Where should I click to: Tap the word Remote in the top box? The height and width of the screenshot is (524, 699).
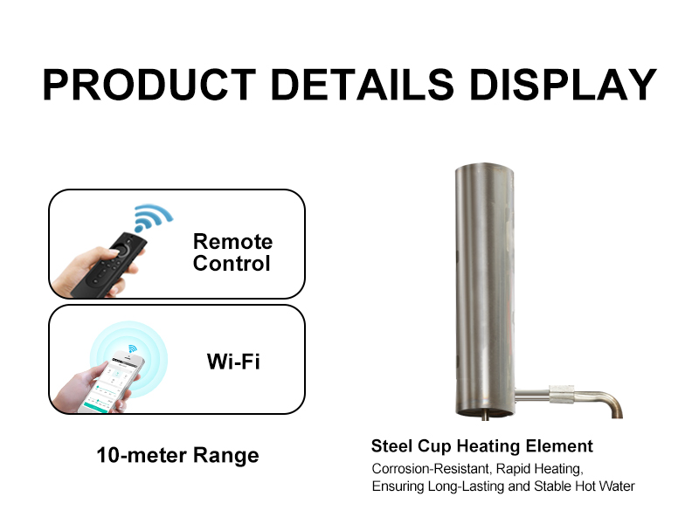232,242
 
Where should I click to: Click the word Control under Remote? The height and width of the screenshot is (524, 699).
232,264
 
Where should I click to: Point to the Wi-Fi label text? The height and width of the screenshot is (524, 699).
233,361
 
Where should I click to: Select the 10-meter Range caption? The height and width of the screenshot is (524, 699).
177,455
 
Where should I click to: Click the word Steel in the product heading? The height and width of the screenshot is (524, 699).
392,446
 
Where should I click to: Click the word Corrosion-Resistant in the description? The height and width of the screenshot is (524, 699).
428,468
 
